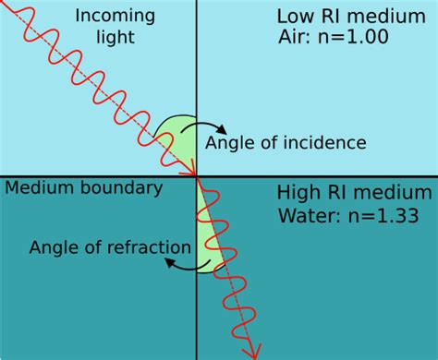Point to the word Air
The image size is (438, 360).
tap(294, 41)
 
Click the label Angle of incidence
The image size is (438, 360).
tap(286, 142)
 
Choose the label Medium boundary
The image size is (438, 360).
tap(84, 188)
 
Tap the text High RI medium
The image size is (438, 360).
tap(354, 194)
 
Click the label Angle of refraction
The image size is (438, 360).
tap(110, 246)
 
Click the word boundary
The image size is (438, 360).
tap(128, 188)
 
